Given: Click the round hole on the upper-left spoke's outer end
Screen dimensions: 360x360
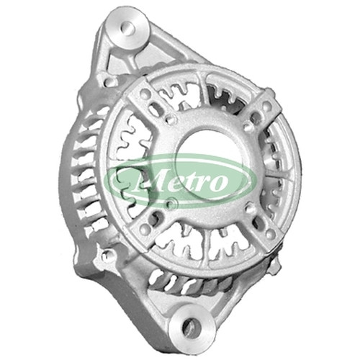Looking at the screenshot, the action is (x=145, y=92).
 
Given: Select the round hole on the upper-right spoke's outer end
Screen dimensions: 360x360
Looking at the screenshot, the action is (x=266, y=105).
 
